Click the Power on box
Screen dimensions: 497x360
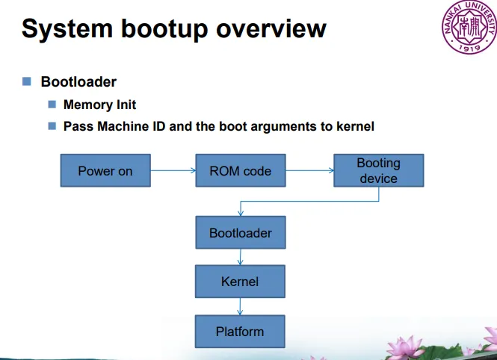pyautogui.click(x=105, y=170)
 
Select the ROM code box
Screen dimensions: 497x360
pyautogui.click(x=241, y=170)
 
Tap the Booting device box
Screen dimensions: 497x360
pyautogui.click(x=379, y=170)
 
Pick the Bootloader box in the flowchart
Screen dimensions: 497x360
pyautogui.click(x=241, y=232)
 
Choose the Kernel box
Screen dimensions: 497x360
pyautogui.click(x=240, y=282)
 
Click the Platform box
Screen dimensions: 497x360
pyautogui.click(x=240, y=332)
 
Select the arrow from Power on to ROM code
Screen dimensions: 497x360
pyautogui.click(x=173, y=170)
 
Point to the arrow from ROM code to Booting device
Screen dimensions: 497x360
pyautogui.click(x=309, y=170)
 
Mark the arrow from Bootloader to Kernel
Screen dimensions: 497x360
pyautogui.click(x=240, y=257)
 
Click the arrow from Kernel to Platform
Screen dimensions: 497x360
pyautogui.click(x=240, y=306)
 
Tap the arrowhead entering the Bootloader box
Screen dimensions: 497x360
pyautogui.click(x=241, y=213)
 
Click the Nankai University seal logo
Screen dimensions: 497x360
pyautogui.click(x=469, y=27)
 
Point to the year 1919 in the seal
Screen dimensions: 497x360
pyautogui.click(x=469, y=49)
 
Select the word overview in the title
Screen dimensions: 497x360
pyautogui.click(x=271, y=29)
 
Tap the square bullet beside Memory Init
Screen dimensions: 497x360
pyautogui.click(x=52, y=104)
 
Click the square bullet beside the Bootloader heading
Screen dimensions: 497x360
pyautogui.click(x=27, y=81)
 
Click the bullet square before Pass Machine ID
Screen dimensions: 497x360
pyautogui.click(x=52, y=126)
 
